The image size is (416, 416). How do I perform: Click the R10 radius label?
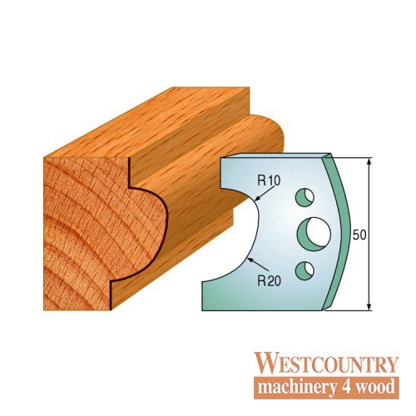(269, 181)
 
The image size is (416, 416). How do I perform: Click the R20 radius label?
(270, 281)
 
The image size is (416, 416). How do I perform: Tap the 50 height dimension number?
(359, 235)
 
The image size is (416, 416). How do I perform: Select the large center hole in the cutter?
(314, 232)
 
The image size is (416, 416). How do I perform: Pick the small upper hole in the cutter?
(305, 198)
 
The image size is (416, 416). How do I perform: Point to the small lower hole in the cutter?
(305, 270)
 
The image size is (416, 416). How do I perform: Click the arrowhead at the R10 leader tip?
(258, 199)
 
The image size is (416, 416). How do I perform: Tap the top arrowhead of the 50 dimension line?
(369, 161)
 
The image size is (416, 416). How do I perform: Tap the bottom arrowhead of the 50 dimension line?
(369, 307)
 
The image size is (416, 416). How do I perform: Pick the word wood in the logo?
(375, 386)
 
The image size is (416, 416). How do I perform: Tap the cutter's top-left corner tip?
(220, 159)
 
